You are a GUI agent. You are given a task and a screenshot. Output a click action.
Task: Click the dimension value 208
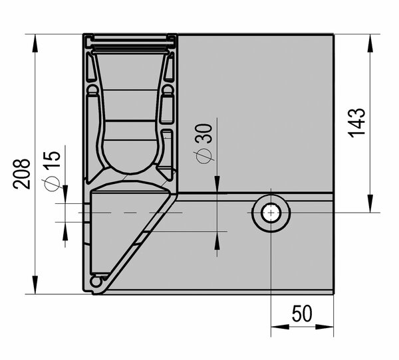click(x=22, y=174)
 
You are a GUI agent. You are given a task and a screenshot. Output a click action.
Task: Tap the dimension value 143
click(x=356, y=124)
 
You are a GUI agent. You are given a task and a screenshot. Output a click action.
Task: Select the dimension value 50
click(x=302, y=314)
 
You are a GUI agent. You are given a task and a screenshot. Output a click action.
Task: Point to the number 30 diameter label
click(x=203, y=134)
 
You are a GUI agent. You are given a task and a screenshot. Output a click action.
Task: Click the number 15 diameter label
click(x=52, y=159)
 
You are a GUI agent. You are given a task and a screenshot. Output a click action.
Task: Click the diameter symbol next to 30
click(x=204, y=156)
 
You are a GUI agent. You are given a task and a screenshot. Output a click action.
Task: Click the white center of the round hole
click(x=271, y=213)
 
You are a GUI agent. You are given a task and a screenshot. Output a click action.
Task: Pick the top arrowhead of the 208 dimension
click(x=35, y=43)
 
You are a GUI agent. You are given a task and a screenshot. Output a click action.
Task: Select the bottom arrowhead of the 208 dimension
click(x=35, y=285)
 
